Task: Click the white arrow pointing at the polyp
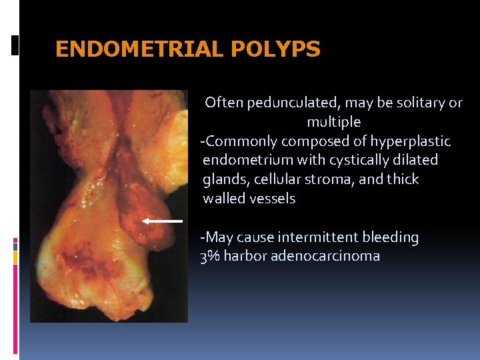[162, 220]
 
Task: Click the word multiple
[333, 122]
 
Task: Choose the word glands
[223, 179]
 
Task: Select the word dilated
[417, 160]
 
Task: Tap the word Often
[224, 103]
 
